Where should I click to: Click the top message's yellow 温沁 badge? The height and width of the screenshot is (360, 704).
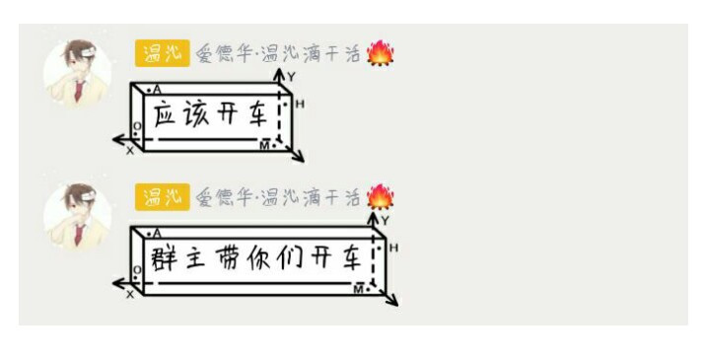pos(162,53)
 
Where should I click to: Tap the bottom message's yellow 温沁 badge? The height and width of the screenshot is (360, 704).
pos(162,197)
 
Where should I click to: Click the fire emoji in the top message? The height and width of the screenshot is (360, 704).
pos(381,53)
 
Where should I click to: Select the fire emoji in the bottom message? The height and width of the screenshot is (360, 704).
pos(381,197)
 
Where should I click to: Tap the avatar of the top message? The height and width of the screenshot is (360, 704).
pos(77,74)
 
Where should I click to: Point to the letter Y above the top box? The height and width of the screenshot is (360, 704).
pos(292,77)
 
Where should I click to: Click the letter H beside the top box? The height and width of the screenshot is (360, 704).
pos(300,105)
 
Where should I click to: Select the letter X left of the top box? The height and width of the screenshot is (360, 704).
pos(130,151)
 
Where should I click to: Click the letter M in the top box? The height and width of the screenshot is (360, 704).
pos(265,145)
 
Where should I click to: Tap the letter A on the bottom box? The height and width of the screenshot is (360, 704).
pos(157,234)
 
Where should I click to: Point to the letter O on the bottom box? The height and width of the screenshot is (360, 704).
pos(137,270)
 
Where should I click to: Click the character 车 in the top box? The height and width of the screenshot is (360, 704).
pos(258,114)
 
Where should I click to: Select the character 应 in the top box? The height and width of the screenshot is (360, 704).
pos(164,114)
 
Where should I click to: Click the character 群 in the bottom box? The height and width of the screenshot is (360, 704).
pos(163,258)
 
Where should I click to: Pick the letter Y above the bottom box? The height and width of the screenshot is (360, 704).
pos(385,220)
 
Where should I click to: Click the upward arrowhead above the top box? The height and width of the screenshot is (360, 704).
pos(280,74)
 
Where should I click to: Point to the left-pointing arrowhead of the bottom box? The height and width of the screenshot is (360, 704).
pos(119,283)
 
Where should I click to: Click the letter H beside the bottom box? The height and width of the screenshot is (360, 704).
pos(393,248)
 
